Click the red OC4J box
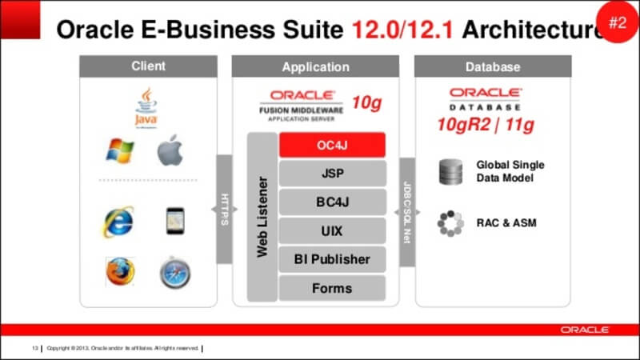(332, 145)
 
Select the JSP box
(332, 173)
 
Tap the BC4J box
(332, 202)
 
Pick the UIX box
(332, 230)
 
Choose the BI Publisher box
(332, 259)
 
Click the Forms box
(332, 287)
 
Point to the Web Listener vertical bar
(262, 217)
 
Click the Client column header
(147, 66)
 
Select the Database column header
(492, 66)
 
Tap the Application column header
(315, 66)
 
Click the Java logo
(146, 108)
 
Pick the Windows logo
(120, 150)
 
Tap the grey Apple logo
(170, 150)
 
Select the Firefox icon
(120, 272)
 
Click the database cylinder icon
(450, 171)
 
